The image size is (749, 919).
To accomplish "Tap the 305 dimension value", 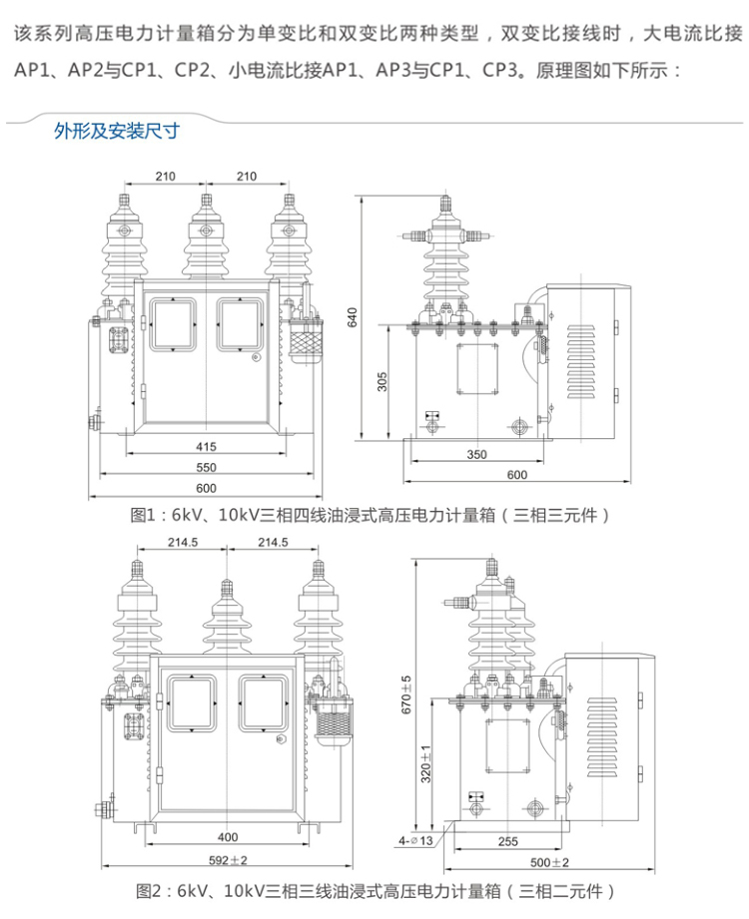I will coord(381,382).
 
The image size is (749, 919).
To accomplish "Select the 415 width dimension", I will coord(207,447).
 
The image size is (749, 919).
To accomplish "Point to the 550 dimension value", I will coord(207,467).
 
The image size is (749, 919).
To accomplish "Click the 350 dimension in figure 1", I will coord(476,454).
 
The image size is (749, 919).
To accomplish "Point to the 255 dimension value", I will coord(507,841).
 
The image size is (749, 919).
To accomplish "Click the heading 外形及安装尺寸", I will coord(116,130).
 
